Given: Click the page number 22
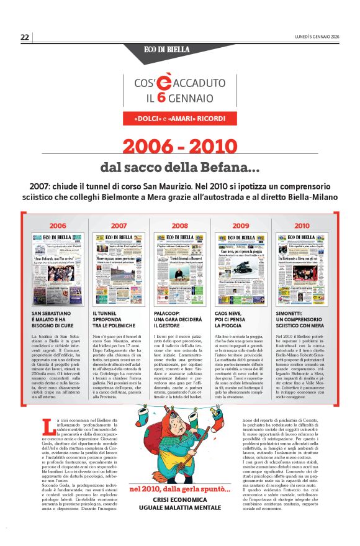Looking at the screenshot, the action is coord(25,37).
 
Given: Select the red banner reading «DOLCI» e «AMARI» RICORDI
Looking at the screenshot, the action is coord(180,117).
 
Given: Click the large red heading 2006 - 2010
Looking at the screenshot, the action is coord(180,147).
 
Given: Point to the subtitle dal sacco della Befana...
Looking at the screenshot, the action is coord(180,168).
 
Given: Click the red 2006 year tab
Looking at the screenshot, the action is coord(58,225).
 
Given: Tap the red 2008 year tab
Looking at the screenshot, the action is coord(180,225).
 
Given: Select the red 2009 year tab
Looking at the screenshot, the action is coord(240,225).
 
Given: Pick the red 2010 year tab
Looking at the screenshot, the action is coord(302,225).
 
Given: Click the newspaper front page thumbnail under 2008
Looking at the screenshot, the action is coord(180,268).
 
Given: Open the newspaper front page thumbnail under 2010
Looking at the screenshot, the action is coord(302,268).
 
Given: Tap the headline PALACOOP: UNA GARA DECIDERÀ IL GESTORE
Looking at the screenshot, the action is coord(175,319).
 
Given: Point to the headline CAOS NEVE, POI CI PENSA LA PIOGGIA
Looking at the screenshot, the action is coord(236,319).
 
